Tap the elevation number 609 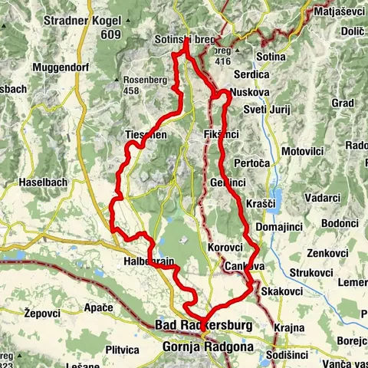pyautogui.click(x=111, y=34)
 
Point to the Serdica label pyautogui.click(x=253, y=75)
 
